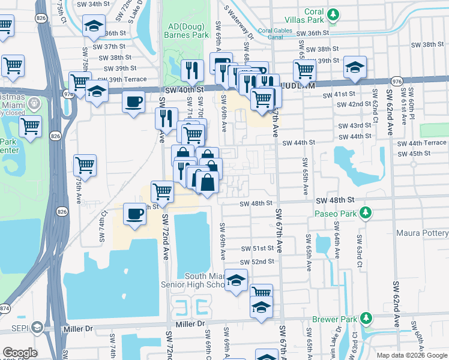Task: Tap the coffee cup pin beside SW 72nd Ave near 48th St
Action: coord(135,214)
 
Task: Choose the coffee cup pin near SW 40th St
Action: coord(133,101)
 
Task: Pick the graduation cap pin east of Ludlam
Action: coord(355,68)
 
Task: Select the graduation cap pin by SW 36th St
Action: coord(94,26)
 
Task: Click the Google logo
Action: coord(20,353)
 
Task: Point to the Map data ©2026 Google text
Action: coord(411,355)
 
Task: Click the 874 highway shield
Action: coord(4,308)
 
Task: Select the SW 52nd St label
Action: coord(257,262)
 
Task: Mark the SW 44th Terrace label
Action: coord(423,143)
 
